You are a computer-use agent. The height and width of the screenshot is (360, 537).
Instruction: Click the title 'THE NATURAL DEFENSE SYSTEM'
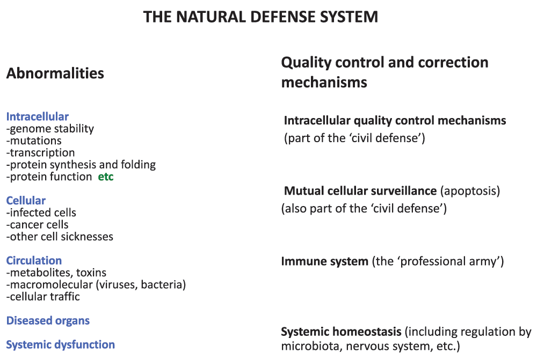pyautogui.click(x=260, y=17)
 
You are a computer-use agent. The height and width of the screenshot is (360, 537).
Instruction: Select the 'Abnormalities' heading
pyautogui.click(x=55, y=73)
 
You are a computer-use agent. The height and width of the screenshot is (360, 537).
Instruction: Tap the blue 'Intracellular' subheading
pyautogui.click(x=38, y=116)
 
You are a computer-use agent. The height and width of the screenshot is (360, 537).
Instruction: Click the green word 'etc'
pyautogui.click(x=106, y=177)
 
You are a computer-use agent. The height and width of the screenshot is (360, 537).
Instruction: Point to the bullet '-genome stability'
pyautogui.click(x=50, y=129)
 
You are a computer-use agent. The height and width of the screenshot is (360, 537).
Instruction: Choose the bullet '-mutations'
pyautogui.click(x=34, y=141)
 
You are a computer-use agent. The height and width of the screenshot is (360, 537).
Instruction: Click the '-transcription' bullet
pyautogui.click(x=40, y=152)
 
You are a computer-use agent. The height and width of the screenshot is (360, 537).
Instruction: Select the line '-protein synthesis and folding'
pyautogui.click(x=81, y=165)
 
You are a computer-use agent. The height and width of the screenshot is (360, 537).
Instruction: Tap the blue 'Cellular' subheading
pyautogui.click(x=26, y=200)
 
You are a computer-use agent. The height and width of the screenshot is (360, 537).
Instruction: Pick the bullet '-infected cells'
pyautogui.click(x=41, y=212)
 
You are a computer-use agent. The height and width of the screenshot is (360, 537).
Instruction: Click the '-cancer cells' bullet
pyautogui.click(x=38, y=224)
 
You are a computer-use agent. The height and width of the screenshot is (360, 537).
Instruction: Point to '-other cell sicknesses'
pyautogui.click(x=60, y=237)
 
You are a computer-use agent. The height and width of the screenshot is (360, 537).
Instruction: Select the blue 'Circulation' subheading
pyautogui.click(x=34, y=260)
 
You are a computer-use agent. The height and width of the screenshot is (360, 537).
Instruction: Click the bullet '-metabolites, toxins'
pyautogui.click(x=56, y=273)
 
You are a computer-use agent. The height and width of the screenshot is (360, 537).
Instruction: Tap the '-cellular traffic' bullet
pyautogui.click(x=43, y=296)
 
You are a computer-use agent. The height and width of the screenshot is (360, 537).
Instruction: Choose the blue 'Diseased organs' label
pyautogui.click(x=48, y=321)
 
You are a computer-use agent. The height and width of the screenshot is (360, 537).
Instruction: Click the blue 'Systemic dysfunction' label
pyautogui.click(x=61, y=344)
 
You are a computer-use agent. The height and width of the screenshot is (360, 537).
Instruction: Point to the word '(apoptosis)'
pyautogui.click(x=470, y=191)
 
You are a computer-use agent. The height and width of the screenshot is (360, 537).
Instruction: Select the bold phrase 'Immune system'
pyautogui.click(x=325, y=261)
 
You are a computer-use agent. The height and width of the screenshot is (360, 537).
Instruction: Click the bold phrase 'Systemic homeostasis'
pyautogui.click(x=341, y=332)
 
